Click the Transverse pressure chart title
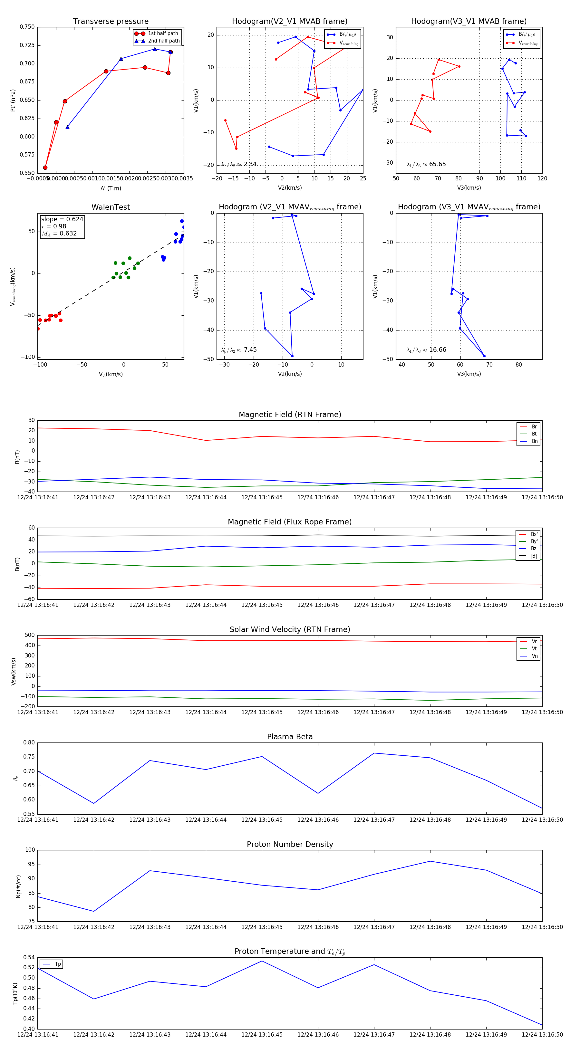(x=111, y=22)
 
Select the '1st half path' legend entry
(x=163, y=34)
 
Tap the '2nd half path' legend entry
(x=163, y=41)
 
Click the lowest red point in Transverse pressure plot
(x=45, y=168)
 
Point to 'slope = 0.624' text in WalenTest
(x=62, y=219)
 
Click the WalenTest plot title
(x=111, y=207)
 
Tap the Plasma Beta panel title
(x=290, y=737)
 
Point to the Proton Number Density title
(x=290, y=844)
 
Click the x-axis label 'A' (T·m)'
(x=111, y=188)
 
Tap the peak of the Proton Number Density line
(x=430, y=861)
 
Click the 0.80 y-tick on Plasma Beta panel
(x=29, y=742)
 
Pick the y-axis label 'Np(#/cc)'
(x=18, y=886)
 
